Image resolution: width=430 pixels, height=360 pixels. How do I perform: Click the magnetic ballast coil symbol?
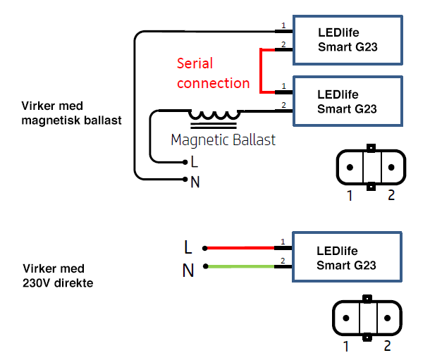tap(215, 116)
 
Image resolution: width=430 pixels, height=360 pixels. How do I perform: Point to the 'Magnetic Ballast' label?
tap(223, 139)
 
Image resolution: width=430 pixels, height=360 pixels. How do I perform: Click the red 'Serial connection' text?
tap(213, 73)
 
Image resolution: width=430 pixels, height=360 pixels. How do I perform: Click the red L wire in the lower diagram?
tap(240, 248)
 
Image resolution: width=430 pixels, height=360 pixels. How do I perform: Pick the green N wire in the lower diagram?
tap(240, 266)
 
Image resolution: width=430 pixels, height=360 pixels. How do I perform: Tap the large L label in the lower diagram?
tap(188, 247)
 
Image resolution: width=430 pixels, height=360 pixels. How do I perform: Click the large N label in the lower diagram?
tap(188, 269)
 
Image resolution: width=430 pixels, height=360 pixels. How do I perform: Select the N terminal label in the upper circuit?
tap(195, 182)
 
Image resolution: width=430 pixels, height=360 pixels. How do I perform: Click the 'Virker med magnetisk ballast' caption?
tap(71, 113)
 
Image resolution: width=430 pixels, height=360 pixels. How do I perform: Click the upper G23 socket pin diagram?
tap(370, 168)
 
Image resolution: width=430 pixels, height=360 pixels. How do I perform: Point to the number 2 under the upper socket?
tap(391, 195)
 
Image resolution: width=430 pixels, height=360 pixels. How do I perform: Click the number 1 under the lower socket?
tap(345, 346)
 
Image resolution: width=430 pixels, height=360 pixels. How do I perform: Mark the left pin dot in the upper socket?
tap(349, 168)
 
